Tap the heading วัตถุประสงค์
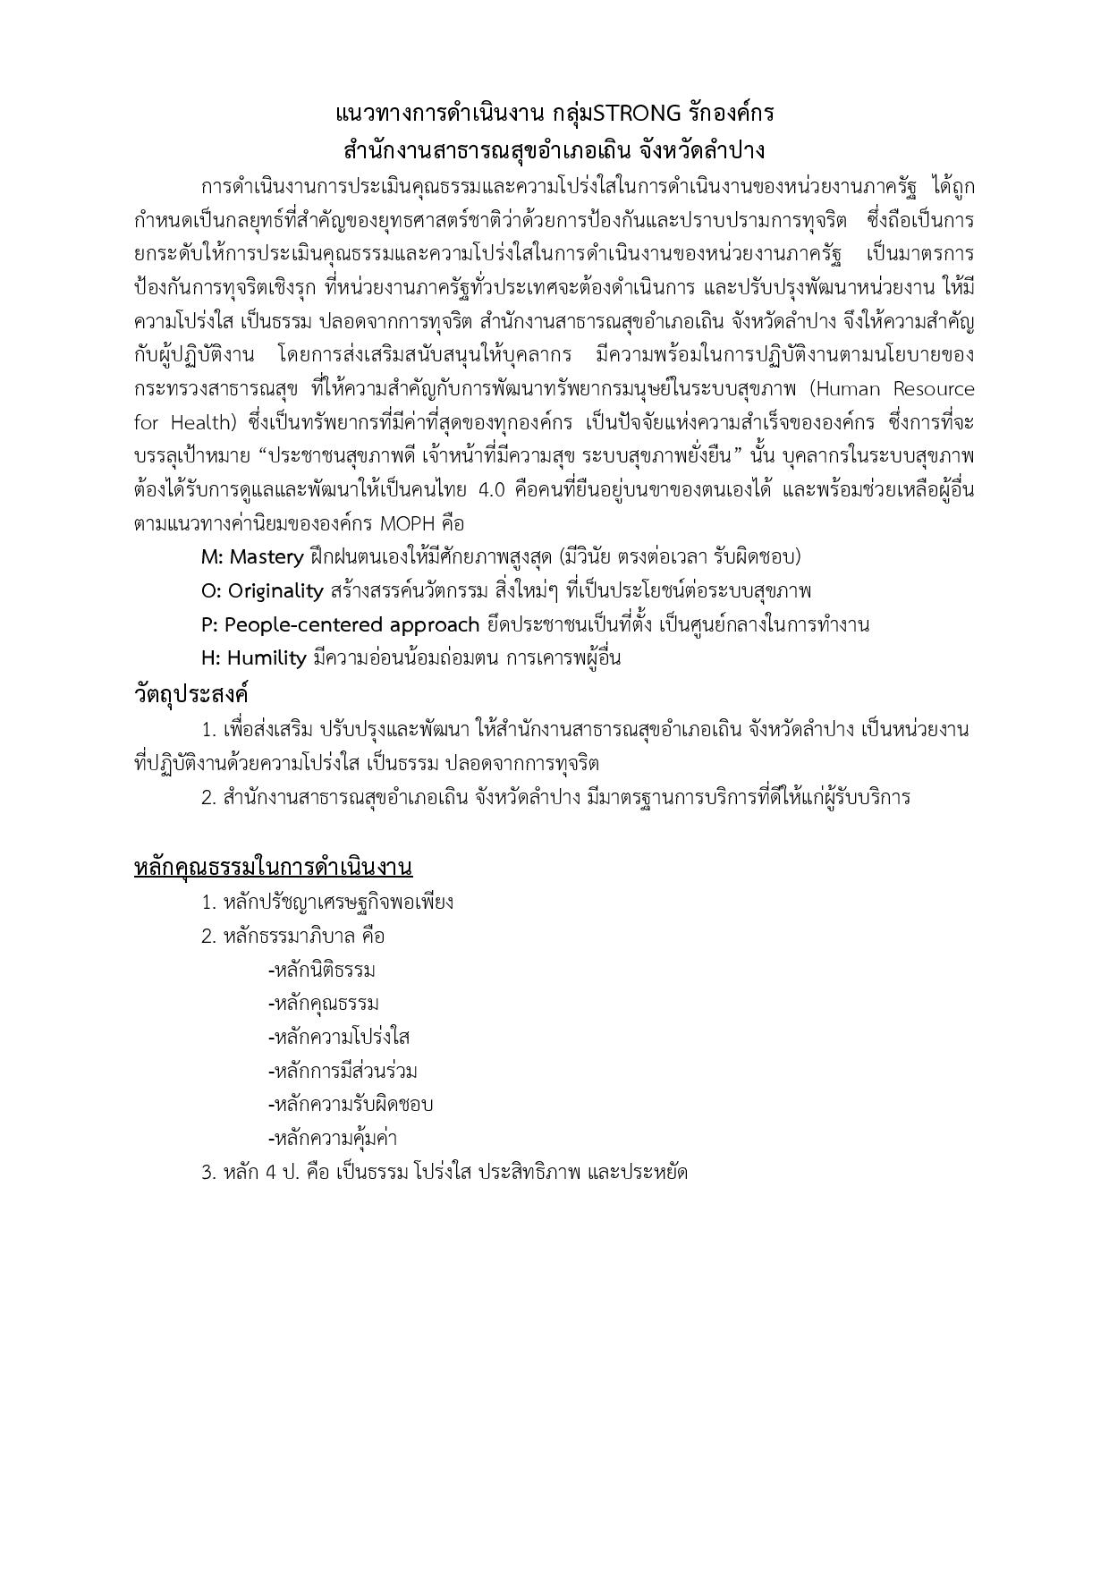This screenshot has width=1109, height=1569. point(190,694)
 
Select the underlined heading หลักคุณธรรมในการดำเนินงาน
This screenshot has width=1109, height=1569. point(273,867)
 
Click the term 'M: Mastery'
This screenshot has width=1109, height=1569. point(252,557)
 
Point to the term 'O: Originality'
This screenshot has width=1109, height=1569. point(262,591)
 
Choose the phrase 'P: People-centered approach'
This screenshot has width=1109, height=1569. point(341,624)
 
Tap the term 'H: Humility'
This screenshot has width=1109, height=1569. point(254,658)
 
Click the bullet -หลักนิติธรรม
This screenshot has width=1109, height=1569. point(322,971)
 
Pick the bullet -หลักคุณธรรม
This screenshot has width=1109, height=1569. point(324,1004)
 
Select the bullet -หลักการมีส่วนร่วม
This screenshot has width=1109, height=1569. point(343,1071)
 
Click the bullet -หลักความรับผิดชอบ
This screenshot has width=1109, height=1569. point(351,1105)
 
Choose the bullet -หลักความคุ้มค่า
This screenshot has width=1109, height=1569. point(333,1139)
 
